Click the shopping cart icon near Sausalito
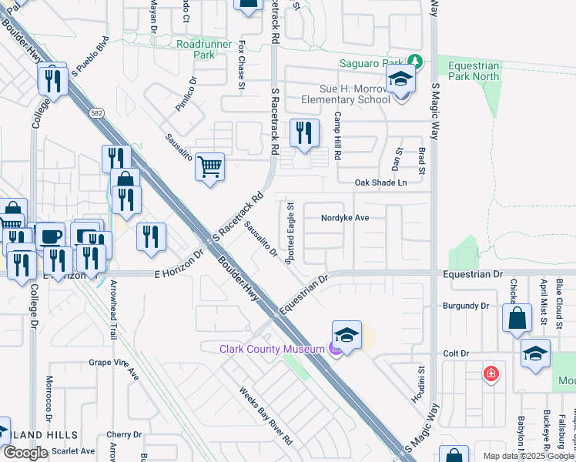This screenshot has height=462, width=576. [x=209, y=166]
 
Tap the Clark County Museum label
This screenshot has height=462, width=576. [x=273, y=349]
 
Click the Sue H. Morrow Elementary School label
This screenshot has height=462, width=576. [x=345, y=94]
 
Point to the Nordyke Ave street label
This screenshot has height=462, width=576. [x=345, y=218]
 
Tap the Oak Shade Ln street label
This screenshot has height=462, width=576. [x=380, y=182]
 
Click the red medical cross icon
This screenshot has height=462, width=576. [x=490, y=374]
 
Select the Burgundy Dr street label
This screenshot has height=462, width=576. [x=466, y=306]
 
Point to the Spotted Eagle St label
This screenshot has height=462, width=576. [x=291, y=233]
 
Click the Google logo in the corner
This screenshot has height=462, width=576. [x=26, y=452]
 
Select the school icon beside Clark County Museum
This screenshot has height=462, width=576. [x=347, y=335]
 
